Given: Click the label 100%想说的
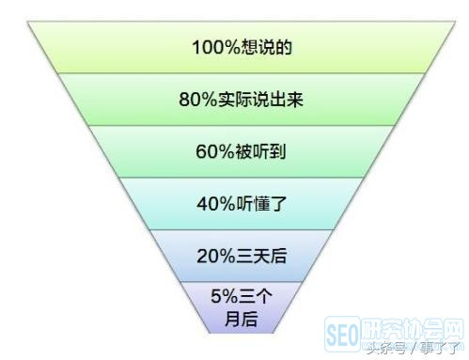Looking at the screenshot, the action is (x=235, y=45).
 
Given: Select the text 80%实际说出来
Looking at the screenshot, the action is (x=235, y=97).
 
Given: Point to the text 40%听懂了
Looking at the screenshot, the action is (x=235, y=203).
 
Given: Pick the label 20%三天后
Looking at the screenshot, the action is (x=235, y=256).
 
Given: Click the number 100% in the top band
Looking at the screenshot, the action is (x=211, y=45).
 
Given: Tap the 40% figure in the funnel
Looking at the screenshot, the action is (x=210, y=203).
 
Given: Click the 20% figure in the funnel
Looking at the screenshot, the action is (x=210, y=256).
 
